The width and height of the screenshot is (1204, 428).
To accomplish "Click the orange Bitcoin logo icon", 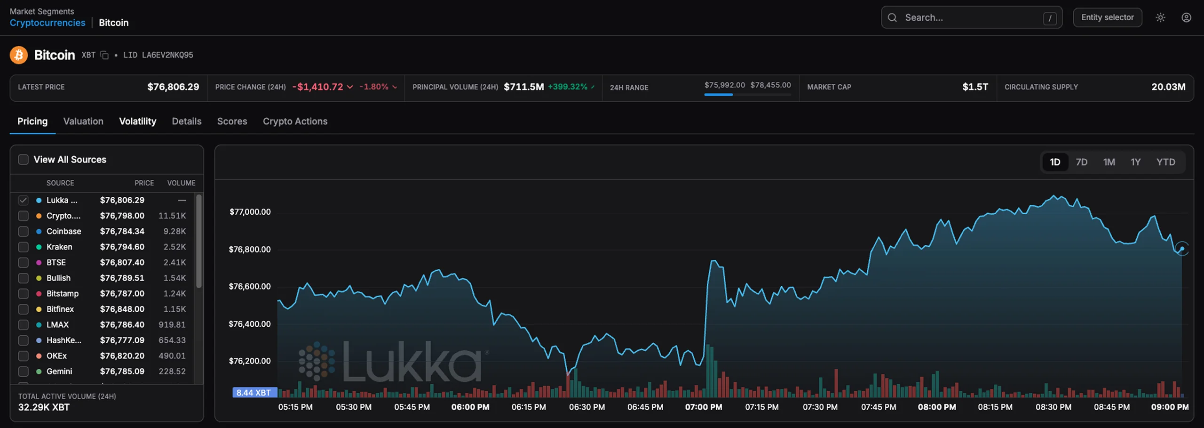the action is click(19, 55).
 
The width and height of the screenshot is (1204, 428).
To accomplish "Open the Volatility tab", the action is click(137, 121).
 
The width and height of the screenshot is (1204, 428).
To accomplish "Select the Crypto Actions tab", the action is click(295, 121).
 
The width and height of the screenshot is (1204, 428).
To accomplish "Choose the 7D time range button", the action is click(1082, 162).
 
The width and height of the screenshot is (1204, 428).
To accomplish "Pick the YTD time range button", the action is click(1165, 162).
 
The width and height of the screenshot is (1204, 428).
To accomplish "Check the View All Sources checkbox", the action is click(23, 160).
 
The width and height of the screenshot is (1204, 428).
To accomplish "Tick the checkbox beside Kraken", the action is click(23, 247).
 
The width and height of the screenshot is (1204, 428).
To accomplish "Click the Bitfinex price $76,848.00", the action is click(122, 309).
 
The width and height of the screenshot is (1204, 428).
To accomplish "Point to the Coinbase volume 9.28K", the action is click(174, 231).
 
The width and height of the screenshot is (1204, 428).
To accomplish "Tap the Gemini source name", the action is click(59, 371).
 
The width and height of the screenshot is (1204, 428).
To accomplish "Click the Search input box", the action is click(971, 17).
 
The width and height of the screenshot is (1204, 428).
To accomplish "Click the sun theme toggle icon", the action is click(1160, 17).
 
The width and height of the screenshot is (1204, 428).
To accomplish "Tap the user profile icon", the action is click(1186, 17).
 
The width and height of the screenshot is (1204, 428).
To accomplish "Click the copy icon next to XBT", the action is click(104, 55).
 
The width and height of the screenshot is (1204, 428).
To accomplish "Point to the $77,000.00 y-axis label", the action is click(250, 212).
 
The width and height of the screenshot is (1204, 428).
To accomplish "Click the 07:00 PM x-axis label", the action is click(704, 407).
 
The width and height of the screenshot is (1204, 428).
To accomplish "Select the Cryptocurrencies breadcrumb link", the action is click(48, 23).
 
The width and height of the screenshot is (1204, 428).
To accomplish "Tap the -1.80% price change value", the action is click(374, 87).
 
